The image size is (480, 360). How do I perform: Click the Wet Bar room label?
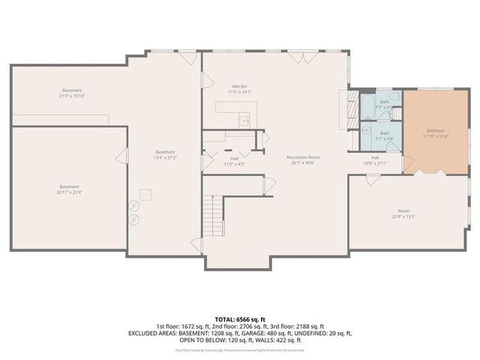point(240,86)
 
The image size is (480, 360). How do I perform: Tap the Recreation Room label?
point(303,157)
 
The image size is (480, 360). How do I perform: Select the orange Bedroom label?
point(435,130)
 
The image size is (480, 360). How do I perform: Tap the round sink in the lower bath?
point(366,129)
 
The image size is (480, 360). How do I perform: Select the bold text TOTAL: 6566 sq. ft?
point(239,319)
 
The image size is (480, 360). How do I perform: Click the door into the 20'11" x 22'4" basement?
point(120,156)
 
